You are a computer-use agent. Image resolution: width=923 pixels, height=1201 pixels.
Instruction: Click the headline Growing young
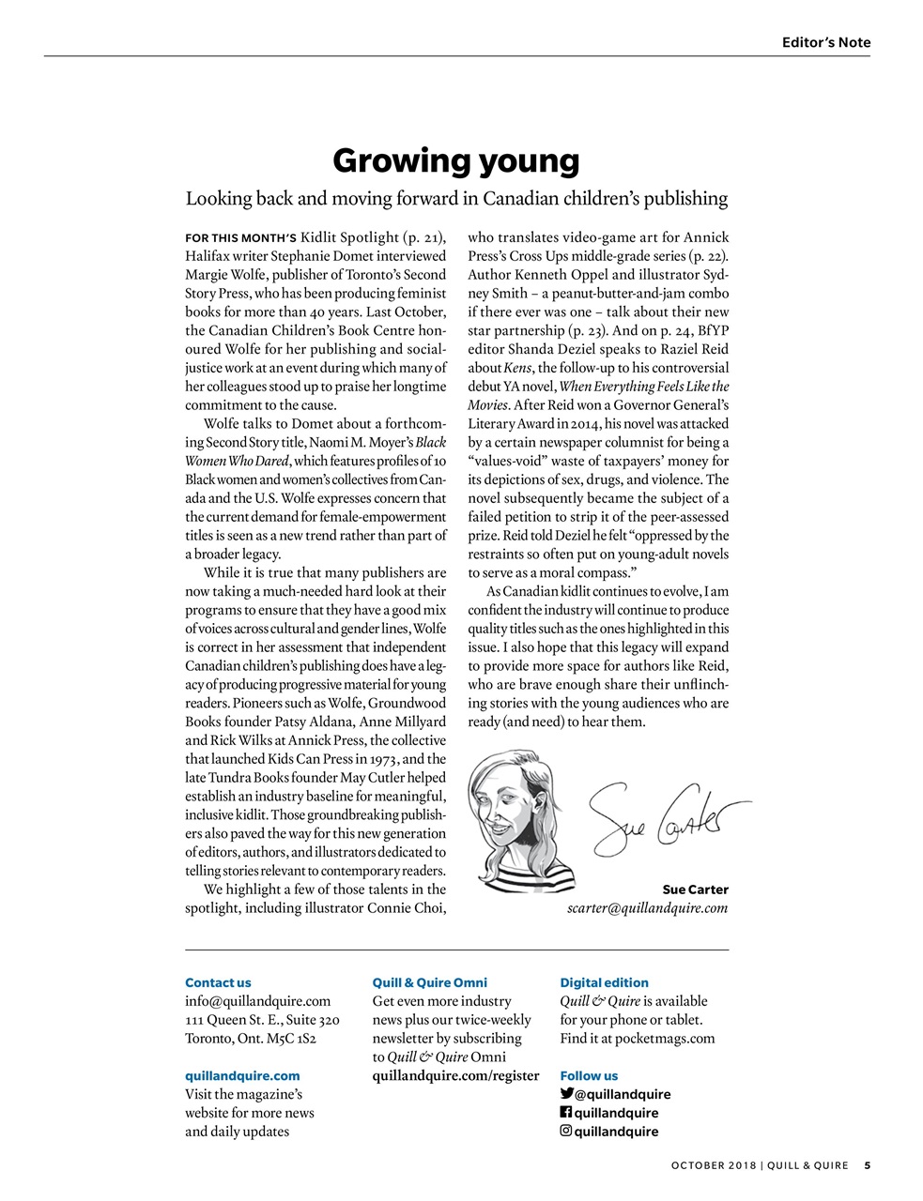tap(456, 161)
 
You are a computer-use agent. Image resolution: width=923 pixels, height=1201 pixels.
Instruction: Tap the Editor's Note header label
tap(825, 42)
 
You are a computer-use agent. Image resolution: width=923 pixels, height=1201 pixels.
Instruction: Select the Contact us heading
tap(218, 982)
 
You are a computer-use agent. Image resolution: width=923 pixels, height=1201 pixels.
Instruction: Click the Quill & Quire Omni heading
tap(429, 982)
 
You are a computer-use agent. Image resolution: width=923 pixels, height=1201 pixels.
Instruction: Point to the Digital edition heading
tap(604, 982)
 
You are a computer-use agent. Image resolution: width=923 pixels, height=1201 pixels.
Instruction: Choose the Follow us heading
tap(589, 1075)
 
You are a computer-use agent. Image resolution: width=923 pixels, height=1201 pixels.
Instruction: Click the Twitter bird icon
tap(566, 1093)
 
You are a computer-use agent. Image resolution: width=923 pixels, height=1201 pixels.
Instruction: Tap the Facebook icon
tap(566, 1112)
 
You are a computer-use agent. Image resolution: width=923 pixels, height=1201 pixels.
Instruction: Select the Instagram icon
tap(566, 1131)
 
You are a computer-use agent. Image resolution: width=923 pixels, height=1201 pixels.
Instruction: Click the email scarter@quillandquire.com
tap(647, 908)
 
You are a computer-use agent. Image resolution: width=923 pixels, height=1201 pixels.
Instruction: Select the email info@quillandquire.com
tap(257, 1001)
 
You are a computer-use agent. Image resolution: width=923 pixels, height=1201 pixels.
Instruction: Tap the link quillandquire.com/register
tap(455, 1075)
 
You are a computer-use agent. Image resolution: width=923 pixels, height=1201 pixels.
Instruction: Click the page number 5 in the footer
tap(867, 1166)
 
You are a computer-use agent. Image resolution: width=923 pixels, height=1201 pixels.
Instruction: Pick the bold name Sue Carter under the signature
tap(695, 889)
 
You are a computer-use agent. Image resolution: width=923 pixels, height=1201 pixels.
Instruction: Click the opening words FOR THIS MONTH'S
tap(240, 237)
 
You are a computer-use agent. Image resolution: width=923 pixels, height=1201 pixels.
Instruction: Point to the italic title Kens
tap(516, 368)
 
